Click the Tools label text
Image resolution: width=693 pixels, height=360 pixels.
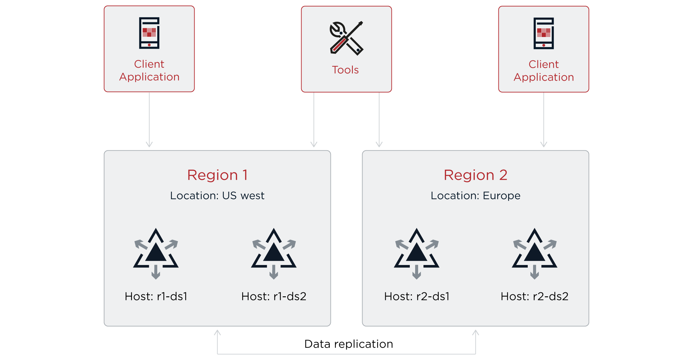345,70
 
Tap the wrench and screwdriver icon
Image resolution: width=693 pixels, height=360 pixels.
346,38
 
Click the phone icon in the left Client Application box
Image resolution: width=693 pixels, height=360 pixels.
149,33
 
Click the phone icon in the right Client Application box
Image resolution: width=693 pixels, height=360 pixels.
543,33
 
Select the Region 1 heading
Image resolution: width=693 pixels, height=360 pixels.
217,175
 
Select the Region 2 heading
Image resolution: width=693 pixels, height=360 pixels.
475,175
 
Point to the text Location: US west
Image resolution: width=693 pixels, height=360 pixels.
217,196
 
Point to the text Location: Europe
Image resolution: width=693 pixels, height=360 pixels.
475,196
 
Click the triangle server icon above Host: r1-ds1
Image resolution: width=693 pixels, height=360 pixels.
156,253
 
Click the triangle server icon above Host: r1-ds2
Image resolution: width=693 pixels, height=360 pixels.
274,253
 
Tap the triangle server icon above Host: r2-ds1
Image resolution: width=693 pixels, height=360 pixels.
416,253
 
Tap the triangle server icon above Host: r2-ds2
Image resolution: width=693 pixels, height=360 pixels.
534,253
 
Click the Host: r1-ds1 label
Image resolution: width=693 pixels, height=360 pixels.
156,296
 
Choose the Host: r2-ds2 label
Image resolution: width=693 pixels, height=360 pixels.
534,296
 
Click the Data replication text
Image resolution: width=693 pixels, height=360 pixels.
348,344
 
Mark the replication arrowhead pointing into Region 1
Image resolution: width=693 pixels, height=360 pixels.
217,332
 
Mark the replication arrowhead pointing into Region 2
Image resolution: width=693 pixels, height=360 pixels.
475,332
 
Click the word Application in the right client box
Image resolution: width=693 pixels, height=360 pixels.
543,77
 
